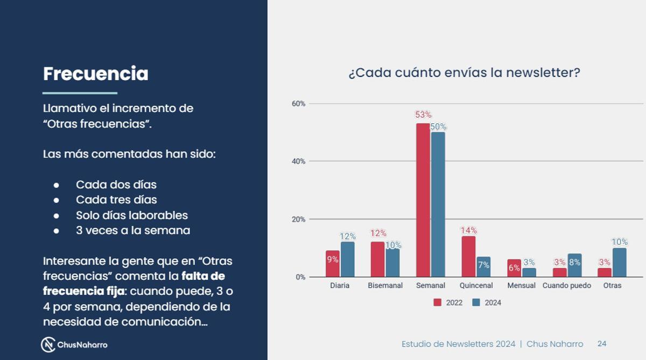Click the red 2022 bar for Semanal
pos(423,200)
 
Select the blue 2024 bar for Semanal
pos(438,204)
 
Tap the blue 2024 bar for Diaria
pos(347,259)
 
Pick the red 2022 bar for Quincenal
pos(468,256)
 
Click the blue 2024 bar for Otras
pos(619,262)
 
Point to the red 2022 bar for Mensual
pos(514,268)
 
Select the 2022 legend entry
pos(448,302)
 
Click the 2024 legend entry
pos(487,302)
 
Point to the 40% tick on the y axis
pos(298,161)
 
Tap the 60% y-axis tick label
pos(298,103)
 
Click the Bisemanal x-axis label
pos(385,286)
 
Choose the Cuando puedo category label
pos(566,286)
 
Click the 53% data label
pos(423,115)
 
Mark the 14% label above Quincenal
pos(468,230)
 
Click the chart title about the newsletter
pos(464,73)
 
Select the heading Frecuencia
pos(95,74)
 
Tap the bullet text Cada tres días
pos(116,200)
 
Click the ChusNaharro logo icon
pos(48,344)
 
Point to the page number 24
pos(602,344)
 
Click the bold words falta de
pos(203,276)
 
